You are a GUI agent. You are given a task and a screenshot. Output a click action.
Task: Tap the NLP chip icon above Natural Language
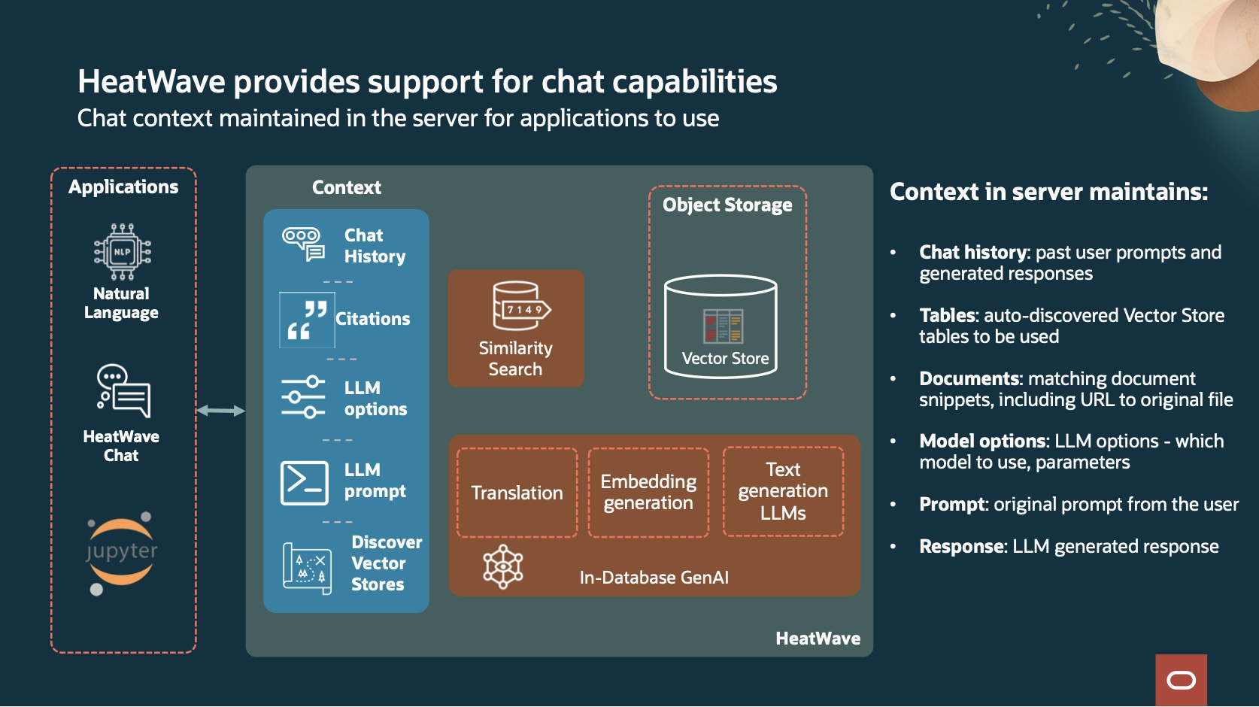[x=122, y=252]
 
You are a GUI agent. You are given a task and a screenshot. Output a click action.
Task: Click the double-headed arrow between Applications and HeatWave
[x=220, y=411]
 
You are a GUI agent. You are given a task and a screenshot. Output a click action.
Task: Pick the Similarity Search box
[x=516, y=329]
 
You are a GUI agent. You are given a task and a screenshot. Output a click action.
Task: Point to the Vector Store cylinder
[x=721, y=326]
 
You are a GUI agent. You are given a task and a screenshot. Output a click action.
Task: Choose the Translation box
[x=517, y=493]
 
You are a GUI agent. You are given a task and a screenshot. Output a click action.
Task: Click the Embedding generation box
[x=648, y=493]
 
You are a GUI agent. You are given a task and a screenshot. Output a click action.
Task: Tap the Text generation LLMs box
[x=783, y=491]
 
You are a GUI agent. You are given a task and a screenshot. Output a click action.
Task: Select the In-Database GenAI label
[x=654, y=578]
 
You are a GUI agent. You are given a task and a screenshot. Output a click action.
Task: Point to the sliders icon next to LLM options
[x=303, y=397]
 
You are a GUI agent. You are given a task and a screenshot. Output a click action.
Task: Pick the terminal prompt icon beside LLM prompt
[x=304, y=482]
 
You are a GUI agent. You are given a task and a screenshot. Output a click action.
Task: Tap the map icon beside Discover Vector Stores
[x=307, y=568]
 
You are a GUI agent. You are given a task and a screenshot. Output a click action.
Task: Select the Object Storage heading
[x=727, y=205]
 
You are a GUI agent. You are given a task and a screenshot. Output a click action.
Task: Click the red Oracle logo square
[x=1181, y=680]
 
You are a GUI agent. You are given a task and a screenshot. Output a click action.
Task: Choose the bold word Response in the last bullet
[x=962, y=547]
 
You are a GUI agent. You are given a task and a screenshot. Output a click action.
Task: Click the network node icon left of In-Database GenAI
[x=503, y=566]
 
